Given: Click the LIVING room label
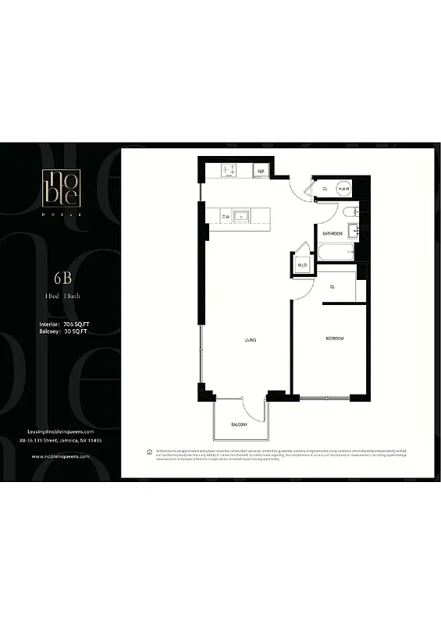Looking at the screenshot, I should (x=251, y=341).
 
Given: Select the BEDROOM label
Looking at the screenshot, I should (x=335, y=339).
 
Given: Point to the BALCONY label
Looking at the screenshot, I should (x=239, y=424).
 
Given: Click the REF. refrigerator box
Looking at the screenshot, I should (x=261, y=170).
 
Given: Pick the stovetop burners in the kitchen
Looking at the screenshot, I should (x=229, y=169).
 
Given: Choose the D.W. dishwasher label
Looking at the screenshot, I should (x=226, y=216).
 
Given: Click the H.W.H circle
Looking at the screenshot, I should (x=343, y=189).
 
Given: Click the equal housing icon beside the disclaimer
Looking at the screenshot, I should (x=149, y=452).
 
